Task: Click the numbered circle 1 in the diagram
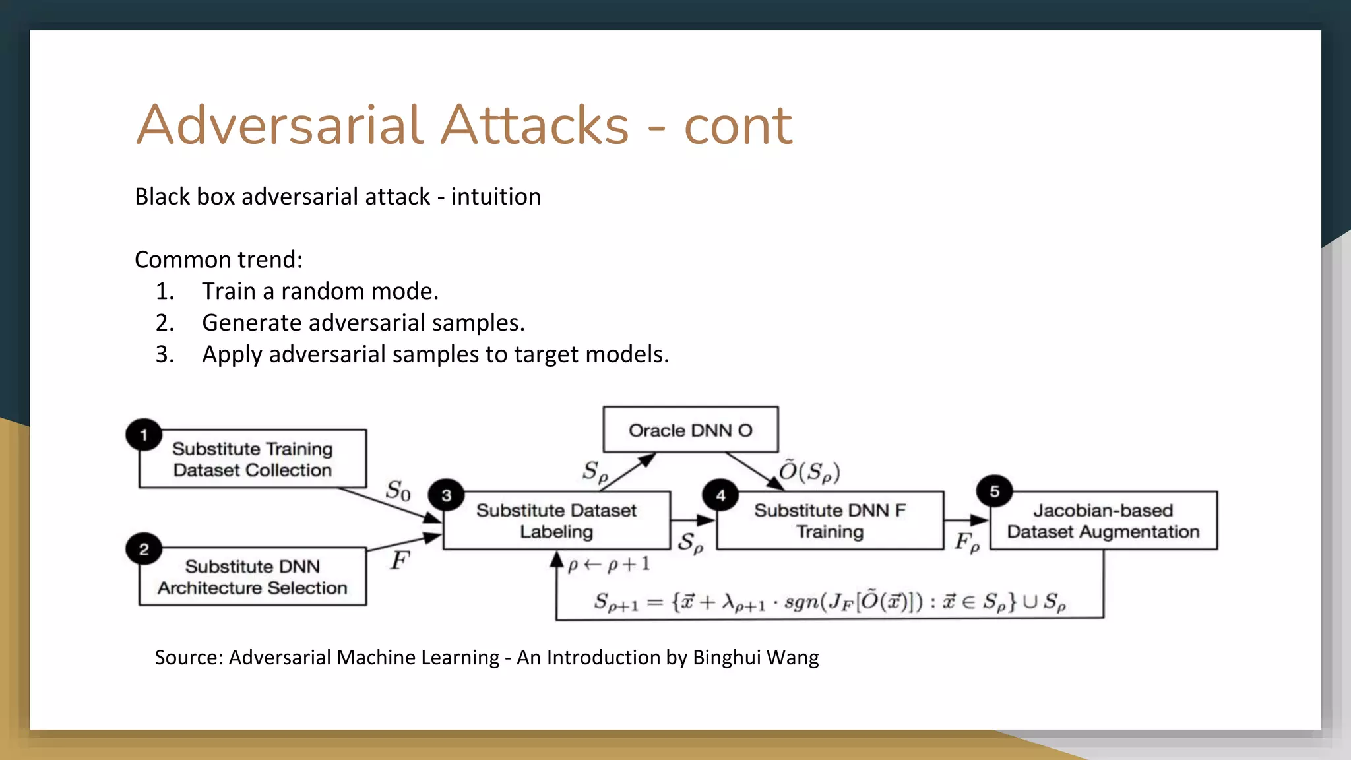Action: click(144, 435)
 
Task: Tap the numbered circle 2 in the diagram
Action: click(144, 550)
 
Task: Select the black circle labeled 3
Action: click(447, 495)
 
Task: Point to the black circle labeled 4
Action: click(720, 495)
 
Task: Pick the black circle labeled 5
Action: click(995, 491)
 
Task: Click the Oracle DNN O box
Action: click(690, 430)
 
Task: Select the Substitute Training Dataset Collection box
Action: click(253, 459)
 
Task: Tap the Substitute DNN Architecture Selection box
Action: click(253, 577)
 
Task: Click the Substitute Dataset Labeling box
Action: click(556, 521)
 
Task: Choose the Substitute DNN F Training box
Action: click(830, 521)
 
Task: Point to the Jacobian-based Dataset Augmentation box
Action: click(1103, 521)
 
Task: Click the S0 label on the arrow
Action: click(398, 491)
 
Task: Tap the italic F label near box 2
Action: click(400, 561)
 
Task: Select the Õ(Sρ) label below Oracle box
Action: click(809, 471)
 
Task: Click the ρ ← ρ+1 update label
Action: click(609, 565)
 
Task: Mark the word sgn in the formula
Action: click(803, 602)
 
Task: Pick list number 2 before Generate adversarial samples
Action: click(165, 323)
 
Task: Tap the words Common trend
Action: click(218, 259)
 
